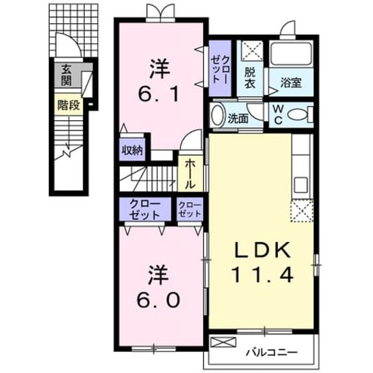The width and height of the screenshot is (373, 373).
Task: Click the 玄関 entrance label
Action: pyautogui.click(x=66, y=75)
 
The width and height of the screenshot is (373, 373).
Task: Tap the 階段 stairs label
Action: pyautogui.click(x=69, y=105)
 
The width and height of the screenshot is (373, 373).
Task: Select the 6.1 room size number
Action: pyautogui.click(x=159, y=94)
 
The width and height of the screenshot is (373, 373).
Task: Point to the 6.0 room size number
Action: pyautogui.click(x=158, y=300)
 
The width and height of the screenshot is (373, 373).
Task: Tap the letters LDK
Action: pyautogui.click(x=263, y=250)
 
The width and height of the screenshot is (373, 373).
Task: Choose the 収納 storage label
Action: pyautogui.click(x=132, y=150)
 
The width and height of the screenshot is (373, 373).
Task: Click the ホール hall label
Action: pyautogui.click(x=191, y=174)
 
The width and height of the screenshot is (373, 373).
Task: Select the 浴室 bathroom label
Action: pyautogui.click(x=291, y=83)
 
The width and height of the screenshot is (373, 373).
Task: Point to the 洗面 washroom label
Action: pyautogui.click(x=238, y=118)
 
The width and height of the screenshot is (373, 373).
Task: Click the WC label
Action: pyautogui.click(x=278, y=115)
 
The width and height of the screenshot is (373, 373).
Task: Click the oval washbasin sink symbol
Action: pyautogui.click(x=217, y=115)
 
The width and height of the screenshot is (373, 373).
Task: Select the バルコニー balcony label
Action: pyautogui.click(x=272, y=352)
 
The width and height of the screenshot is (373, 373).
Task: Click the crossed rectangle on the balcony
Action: pyautogui.click(x=223, y=342)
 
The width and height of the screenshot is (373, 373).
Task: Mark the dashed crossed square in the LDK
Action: pyautogui.click(x=302, y=211)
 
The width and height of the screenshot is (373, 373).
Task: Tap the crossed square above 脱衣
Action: pyautogui.click(x=252, y=50)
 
